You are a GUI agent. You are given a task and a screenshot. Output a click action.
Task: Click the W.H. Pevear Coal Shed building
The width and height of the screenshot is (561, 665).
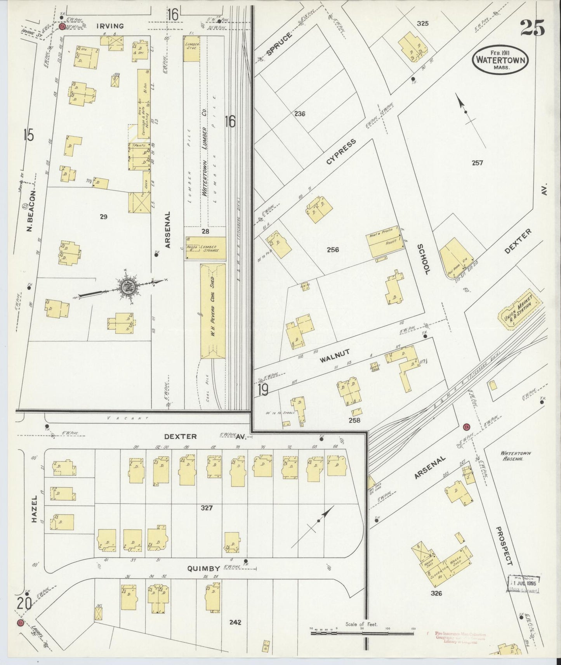tap(213, 311)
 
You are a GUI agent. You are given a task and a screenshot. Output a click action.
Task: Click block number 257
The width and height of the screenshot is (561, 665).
tap(477, 163)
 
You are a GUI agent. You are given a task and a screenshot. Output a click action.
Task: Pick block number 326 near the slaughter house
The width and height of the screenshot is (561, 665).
tap(436, 593)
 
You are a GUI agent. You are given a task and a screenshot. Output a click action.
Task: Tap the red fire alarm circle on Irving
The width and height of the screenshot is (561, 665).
tap(62, 26)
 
